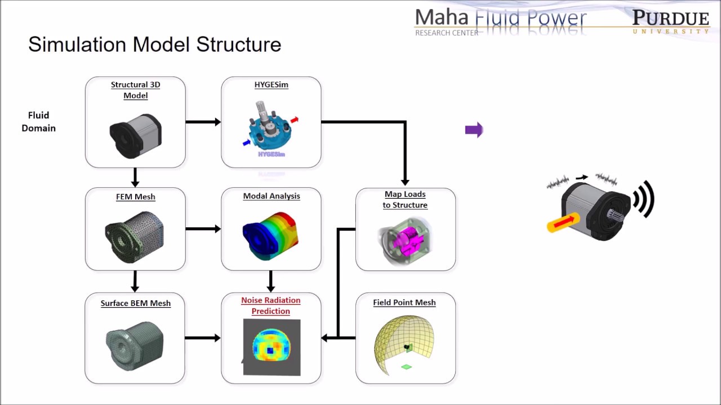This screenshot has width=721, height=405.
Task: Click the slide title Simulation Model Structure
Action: click(x=155, y=44)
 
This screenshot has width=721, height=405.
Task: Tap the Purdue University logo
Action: click(x=671, y=21)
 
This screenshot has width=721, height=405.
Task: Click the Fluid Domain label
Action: click(x=39, y=121)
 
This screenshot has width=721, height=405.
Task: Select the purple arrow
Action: click(x=474, y=130)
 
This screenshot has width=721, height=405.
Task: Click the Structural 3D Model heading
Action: click(x=136, y=90)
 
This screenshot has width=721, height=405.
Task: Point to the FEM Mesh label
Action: click(x=136, y=196)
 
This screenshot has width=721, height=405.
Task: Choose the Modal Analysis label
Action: click(x=272, y=196)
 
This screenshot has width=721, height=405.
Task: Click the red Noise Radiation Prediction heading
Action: click(x=271, y=305)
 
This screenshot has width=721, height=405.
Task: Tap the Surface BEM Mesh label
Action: click(x=136, y=303)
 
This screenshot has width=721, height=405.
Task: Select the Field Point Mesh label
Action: click(x=404, y=303)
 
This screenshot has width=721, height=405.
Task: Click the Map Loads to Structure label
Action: click(x=405, y=200)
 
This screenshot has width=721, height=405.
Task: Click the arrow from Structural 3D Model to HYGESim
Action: click(x=203, y=122)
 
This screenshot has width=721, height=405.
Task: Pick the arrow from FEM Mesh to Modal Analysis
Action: click(x=203, y=229)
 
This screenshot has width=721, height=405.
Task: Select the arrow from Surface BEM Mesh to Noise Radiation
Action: click(x=203, y=338)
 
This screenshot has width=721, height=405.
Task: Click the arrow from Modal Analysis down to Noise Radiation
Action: click(x=271, y=281)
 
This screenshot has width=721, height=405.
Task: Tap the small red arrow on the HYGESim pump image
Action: click(x=295, y=120)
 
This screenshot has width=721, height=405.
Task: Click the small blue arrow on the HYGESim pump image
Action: click(x=247, y=142)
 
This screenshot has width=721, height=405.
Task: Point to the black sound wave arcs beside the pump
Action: click(x=644, y=199)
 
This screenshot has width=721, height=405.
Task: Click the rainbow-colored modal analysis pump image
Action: click(x=270, y=236)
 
